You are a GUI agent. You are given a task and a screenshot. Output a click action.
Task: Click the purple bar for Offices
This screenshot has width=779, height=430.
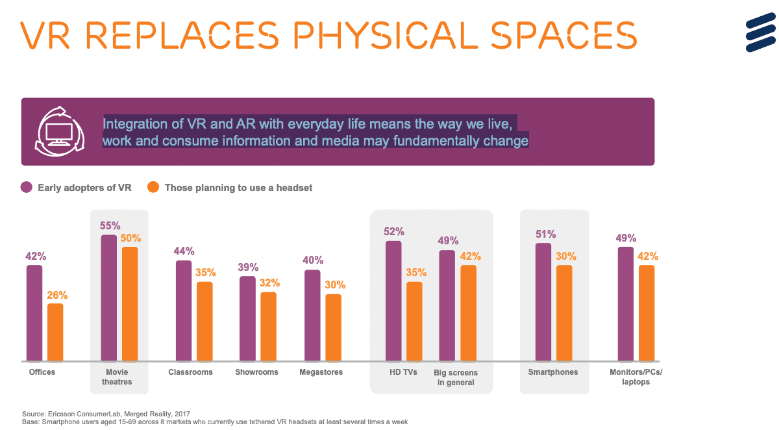click(34, 313)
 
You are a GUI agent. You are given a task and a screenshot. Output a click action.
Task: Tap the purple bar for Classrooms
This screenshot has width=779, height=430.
click(184, 310)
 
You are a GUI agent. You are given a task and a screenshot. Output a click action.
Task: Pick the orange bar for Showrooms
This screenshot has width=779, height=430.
click(269, 327)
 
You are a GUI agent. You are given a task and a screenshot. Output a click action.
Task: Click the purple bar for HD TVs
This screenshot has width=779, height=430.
click(393, 301)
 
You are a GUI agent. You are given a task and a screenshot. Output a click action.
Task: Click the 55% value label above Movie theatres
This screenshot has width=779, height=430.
click(110, 226)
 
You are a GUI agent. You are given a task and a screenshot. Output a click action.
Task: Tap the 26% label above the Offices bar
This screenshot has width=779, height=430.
click(56, 295)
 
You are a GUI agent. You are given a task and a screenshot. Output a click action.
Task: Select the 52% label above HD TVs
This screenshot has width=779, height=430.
click(394, 231)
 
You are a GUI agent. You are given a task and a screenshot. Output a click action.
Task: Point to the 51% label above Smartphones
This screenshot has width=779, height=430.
click(543, 234)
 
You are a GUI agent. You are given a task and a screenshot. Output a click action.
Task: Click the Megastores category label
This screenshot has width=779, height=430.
click(321, 372)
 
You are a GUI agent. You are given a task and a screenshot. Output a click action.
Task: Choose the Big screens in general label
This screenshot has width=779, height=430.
click(456, 377)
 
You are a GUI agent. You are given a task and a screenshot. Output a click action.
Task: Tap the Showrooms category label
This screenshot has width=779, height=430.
click(256, 372)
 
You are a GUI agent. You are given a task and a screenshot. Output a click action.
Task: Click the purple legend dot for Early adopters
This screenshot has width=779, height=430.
click(27, 188)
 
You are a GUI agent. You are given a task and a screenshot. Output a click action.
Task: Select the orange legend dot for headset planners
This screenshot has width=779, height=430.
click(153, 188)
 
